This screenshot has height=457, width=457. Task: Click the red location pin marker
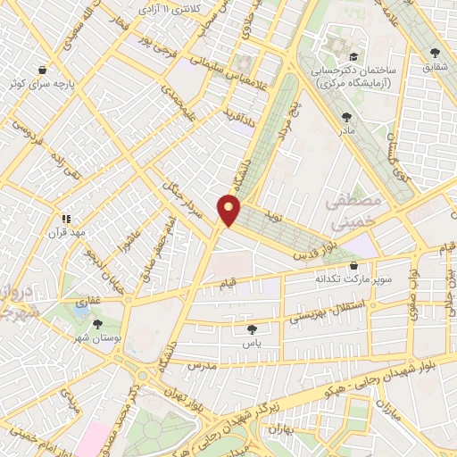point(229,210)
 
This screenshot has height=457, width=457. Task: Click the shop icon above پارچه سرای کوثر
point(42,69)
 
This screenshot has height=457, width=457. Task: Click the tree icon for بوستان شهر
point(96,325)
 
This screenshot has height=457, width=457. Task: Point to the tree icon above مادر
point(346,117)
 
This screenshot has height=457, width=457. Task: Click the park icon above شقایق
point(435,53)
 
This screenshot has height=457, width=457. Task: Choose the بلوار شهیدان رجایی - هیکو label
point(351,381)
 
